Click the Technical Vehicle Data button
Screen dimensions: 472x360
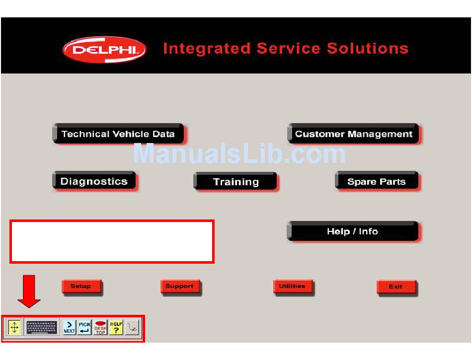[x=119, y=134]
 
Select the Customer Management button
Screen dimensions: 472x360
[x=354, y=134]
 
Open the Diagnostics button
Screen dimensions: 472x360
[x=94, y=181]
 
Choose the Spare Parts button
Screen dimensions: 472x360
[x=377, y=181]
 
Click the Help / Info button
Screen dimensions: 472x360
[x=353, y=231]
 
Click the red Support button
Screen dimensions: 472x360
[x=180, y=287]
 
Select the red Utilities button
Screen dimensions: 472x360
[x=293, y=287]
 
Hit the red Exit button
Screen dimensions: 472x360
[x=397, y=287]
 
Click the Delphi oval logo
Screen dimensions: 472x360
[x=104, y=50]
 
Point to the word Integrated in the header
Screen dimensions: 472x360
[x=207, y=48]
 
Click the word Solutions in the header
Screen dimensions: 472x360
[x=368, y=48]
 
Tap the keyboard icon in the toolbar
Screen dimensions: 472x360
[x=42, y=327]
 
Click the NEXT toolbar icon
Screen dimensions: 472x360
[x=69, y=327]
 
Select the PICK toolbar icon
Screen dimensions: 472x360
[x=84, y=327]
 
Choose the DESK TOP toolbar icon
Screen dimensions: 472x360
[x=100, y=327]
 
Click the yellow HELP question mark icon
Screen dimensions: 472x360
[x=116, y=327]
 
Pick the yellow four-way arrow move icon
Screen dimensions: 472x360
[x=14, y=327]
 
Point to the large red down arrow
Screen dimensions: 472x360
[x=29, y=291]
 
